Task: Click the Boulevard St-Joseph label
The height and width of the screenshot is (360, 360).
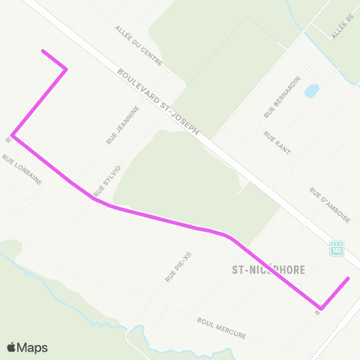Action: pos(158,103)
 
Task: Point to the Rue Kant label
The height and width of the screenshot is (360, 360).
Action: pos(277,143)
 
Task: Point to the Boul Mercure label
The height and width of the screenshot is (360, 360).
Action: pos(221,328)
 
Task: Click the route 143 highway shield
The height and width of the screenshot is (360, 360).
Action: pos(337,247)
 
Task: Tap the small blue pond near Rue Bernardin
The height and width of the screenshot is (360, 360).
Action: pos(311,91)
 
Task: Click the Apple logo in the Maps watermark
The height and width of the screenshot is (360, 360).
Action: pos(12,347)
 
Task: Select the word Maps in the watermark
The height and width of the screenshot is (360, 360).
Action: pos(32,347)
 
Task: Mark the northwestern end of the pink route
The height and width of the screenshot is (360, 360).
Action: pos(43,51)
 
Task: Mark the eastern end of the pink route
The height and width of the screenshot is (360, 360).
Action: pos(349,278)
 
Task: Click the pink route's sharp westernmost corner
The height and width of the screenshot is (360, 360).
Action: pos(13,137)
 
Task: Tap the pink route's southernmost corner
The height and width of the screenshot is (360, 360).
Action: pos(321,307)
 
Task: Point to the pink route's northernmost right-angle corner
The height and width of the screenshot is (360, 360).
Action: pos(67,69)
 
